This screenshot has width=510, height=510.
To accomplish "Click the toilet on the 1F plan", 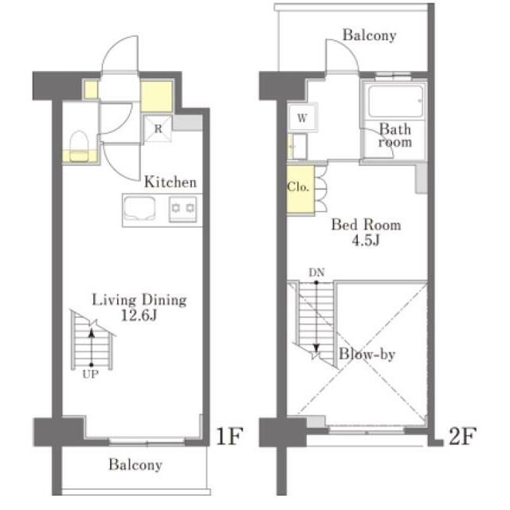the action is point(80,146).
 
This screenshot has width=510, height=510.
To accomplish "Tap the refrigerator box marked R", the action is point(158,128).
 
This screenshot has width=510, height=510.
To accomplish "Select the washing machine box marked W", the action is point(302,117).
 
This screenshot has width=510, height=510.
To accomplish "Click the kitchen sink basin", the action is point(140,208).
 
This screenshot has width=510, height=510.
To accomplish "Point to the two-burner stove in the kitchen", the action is point(183,209).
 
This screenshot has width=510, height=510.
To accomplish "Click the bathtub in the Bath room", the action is point(395,101).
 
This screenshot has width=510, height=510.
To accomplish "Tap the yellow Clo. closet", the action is point(300,190).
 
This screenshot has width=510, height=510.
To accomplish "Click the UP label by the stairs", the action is point(90,375).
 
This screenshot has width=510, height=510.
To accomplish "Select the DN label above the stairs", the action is point(317,273).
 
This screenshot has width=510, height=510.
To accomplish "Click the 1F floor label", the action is point(229,436).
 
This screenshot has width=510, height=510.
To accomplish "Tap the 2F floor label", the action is point(463,436).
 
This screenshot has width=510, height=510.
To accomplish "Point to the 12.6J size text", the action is point(139,316).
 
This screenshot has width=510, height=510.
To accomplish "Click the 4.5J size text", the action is point(366,241).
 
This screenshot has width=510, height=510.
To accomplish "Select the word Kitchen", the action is point(171,182).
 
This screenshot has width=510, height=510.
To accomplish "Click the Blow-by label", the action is point(367,354).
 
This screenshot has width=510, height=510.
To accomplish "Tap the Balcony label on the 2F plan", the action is point(370,35).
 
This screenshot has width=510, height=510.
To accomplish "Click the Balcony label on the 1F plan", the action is point(135,465).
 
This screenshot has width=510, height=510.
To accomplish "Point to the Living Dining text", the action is point(139,300).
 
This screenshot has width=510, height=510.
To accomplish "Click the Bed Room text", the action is point(367,225).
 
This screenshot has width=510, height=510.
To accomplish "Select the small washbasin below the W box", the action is point(297,147).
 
